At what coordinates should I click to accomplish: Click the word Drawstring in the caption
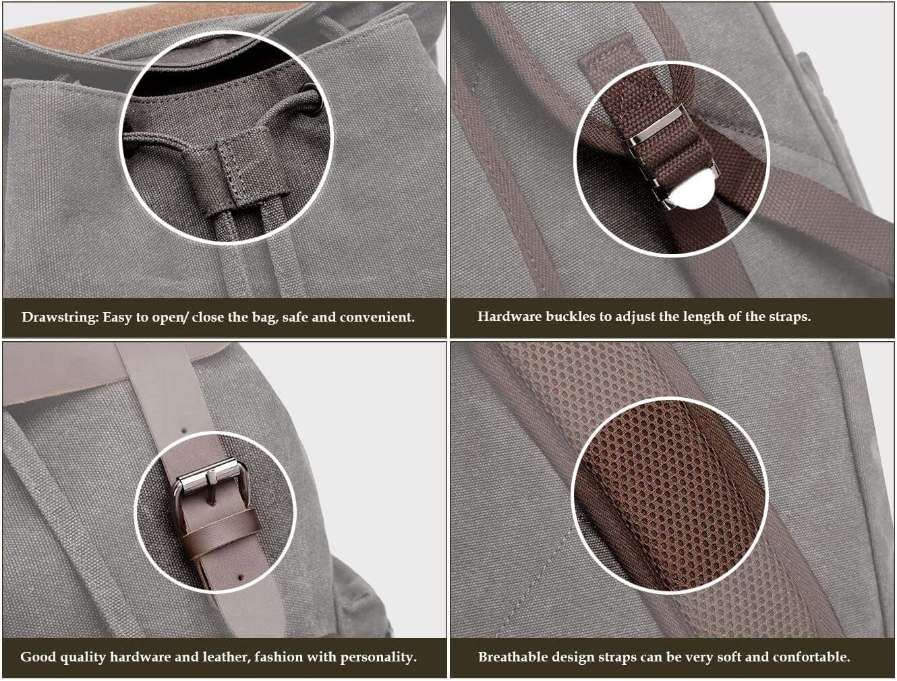point(60,318)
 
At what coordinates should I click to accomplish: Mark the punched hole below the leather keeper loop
point(241,577)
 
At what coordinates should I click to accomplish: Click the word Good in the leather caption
point(38,657)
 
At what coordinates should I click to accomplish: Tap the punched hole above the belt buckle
point(184,431)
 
